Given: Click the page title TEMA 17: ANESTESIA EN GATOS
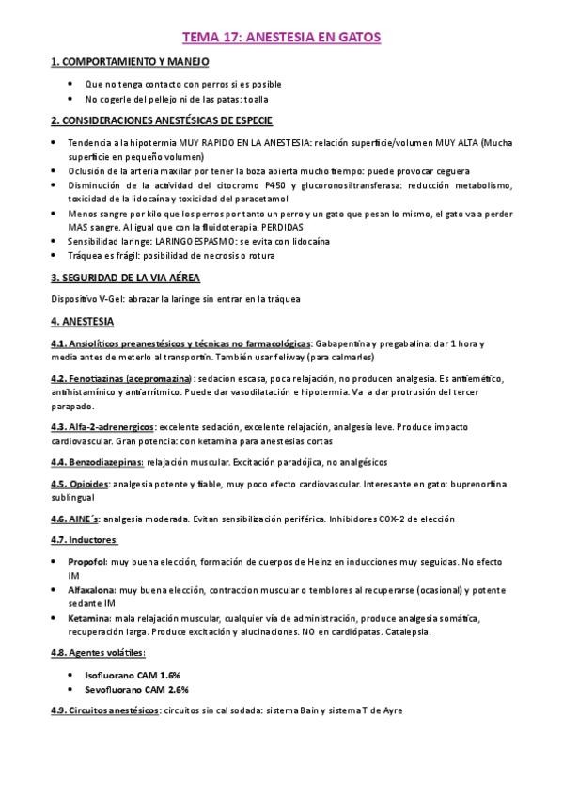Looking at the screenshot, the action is tap(281, 39).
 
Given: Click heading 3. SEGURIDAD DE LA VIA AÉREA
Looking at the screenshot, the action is tap(124, 279).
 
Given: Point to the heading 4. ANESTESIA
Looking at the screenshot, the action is tap(82, 321).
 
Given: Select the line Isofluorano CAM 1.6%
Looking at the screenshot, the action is tap(132, 676).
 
